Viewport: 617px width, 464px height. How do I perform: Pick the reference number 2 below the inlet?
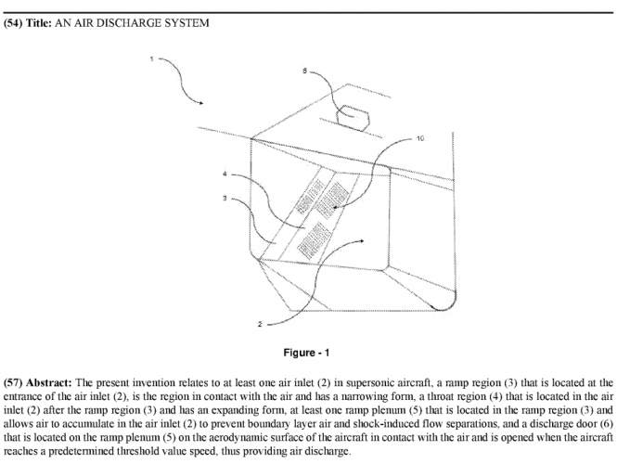[261, 324]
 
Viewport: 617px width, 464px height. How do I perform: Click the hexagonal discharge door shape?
[352, 116]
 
